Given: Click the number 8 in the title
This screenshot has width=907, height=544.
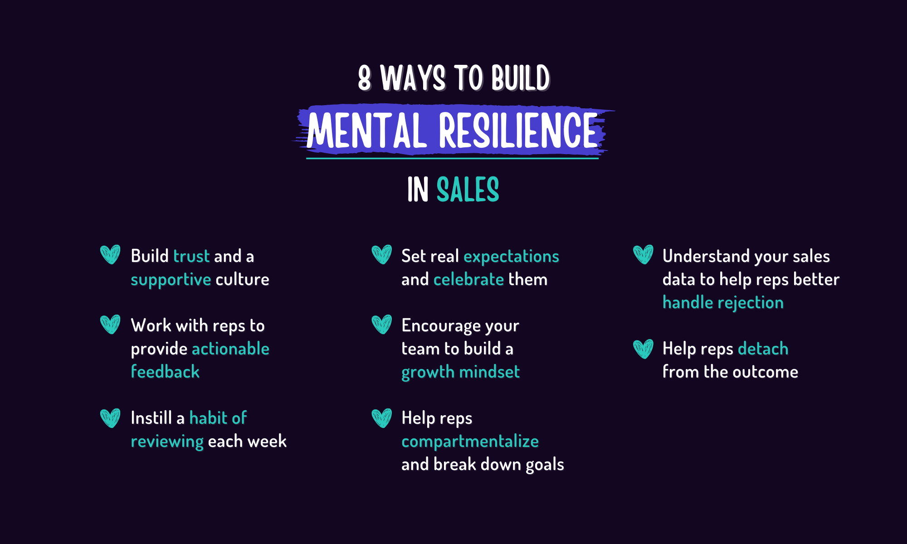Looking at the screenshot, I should pos(365,78).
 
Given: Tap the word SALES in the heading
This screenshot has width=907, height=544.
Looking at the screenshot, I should pos(468,189).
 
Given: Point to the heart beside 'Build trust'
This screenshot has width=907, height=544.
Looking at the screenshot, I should pos(110,254).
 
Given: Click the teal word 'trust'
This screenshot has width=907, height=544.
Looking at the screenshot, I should pos(191,256).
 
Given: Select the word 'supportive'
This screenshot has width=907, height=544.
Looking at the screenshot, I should pos(171,280).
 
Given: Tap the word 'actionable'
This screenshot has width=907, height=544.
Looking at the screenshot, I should pos(230,349).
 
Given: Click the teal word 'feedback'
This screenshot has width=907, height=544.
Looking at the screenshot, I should pos(165,372).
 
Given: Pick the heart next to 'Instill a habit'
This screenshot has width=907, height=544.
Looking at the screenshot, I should pos(110,418).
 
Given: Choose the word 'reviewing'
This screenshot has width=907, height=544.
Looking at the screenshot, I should pos(167,442).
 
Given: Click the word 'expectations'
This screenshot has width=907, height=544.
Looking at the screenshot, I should pos(511,257).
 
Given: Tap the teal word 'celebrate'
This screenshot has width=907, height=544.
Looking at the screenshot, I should pos(468,279).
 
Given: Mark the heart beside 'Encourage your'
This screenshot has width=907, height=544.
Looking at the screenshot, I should pos(381,324).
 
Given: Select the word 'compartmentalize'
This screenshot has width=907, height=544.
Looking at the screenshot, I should pos(470,442).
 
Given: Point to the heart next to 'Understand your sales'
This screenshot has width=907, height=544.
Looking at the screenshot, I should pos(643,254).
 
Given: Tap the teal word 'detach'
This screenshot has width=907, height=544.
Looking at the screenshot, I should pos(763,349).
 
